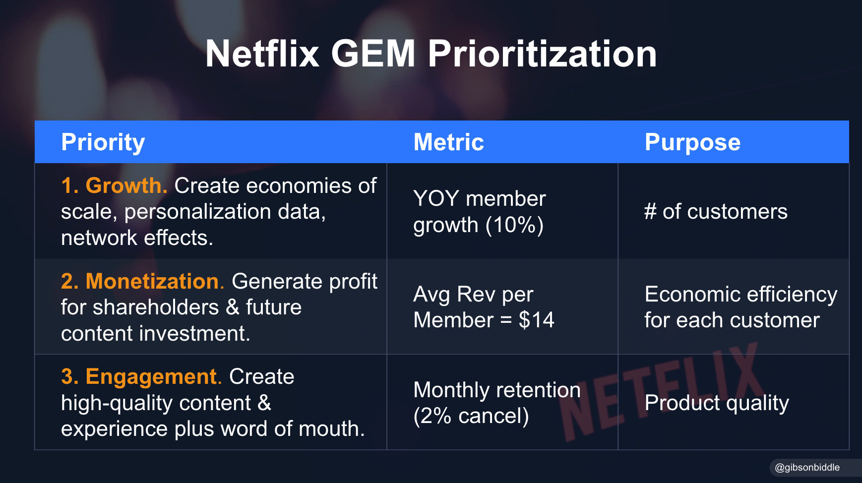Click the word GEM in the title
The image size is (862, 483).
pos(373,54)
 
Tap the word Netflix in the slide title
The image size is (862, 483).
pos(262,54)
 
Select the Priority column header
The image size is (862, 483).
pos(103,142)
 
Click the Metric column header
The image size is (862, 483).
pos(448,142)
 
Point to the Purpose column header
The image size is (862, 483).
pos(692,142)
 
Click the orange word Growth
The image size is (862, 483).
pos(126,186)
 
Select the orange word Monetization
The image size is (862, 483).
pos(152,281)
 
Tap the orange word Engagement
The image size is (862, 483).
pos(151,377)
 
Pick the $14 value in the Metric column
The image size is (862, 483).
pos(536,320)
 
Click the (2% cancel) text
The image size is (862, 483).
pos(471,416)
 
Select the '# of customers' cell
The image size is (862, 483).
pos(716,212)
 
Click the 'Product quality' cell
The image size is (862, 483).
pos(716,403)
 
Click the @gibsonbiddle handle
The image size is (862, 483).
pos(807,467)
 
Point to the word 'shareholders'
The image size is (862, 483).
pos(155,307)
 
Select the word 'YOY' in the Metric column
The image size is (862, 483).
pos(436,199)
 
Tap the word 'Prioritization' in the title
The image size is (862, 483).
pos(542,54)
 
